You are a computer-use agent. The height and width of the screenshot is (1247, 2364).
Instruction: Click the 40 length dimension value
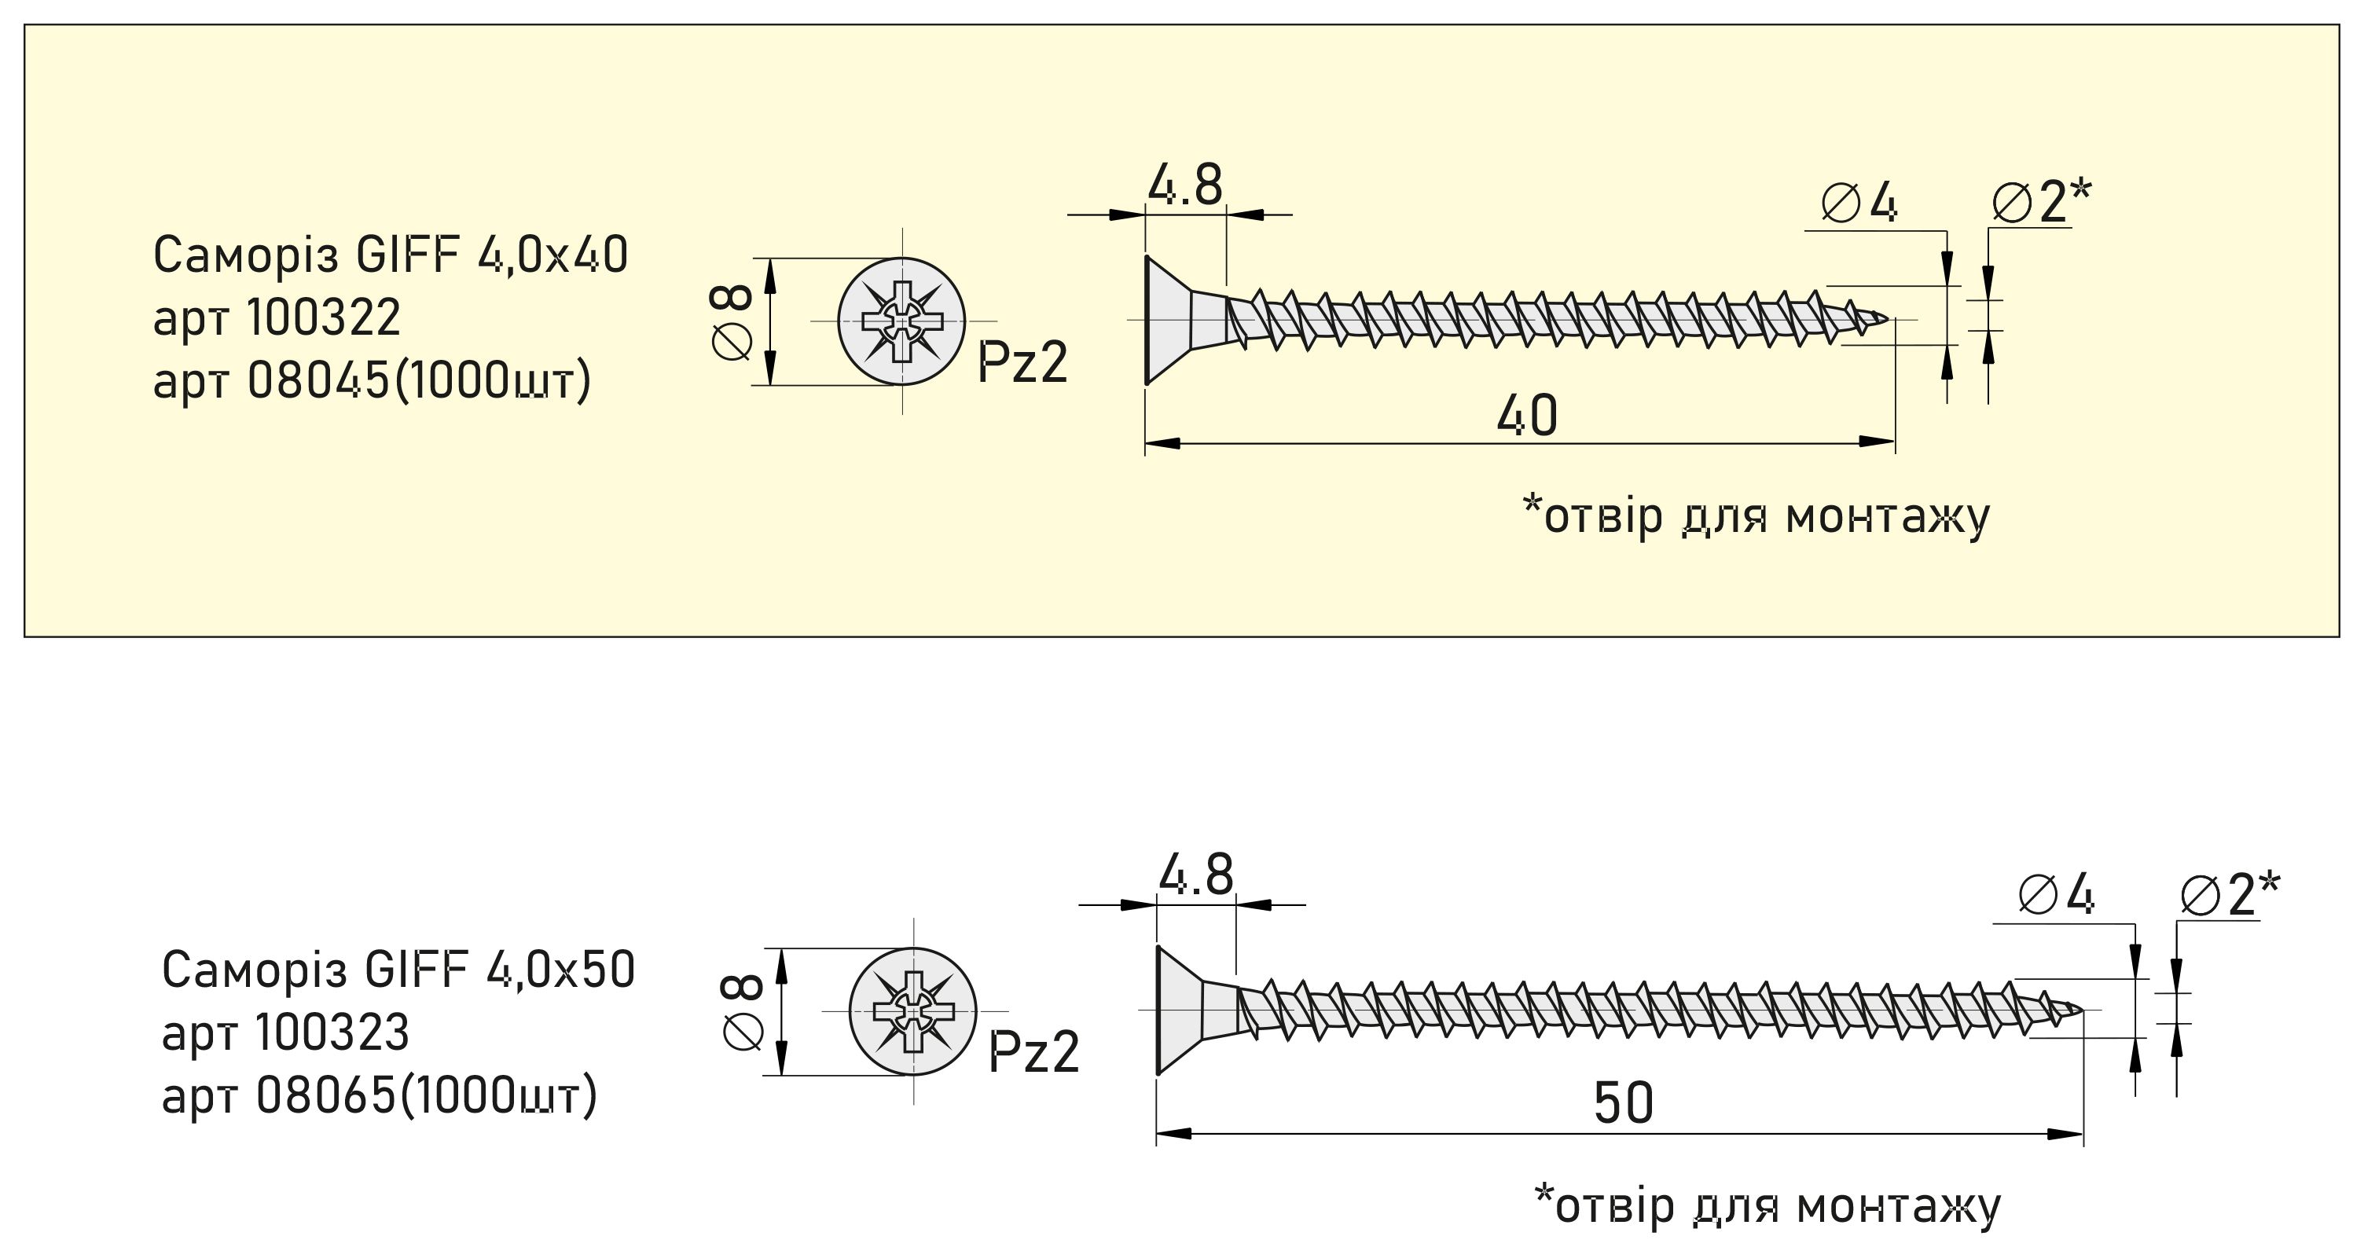coord(1527,416)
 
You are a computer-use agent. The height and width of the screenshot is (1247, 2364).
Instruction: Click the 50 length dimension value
coord(1624,1104)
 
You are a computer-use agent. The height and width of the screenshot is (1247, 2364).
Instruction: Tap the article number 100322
coord(324,318)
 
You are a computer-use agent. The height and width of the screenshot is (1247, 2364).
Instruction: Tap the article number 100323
coord(332,1032)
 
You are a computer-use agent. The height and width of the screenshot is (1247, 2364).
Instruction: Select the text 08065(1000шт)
coord(427,1095)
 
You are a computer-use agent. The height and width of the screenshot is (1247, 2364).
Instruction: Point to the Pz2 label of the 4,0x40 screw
coord(1022,362)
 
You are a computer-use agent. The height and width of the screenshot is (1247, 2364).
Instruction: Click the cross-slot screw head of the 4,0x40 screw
coord(902,321)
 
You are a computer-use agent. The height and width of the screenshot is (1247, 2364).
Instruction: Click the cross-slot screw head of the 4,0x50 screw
coord(913,1011)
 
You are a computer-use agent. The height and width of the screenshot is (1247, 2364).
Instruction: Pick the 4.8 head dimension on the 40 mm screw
coord(1185,186)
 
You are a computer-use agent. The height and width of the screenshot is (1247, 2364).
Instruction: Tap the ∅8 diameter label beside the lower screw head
coord(743,1011)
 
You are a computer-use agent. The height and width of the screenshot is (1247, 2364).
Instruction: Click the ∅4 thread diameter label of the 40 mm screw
coord(1859,203)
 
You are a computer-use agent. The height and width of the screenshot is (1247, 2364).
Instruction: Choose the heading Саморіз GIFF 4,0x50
coord(398,970)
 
